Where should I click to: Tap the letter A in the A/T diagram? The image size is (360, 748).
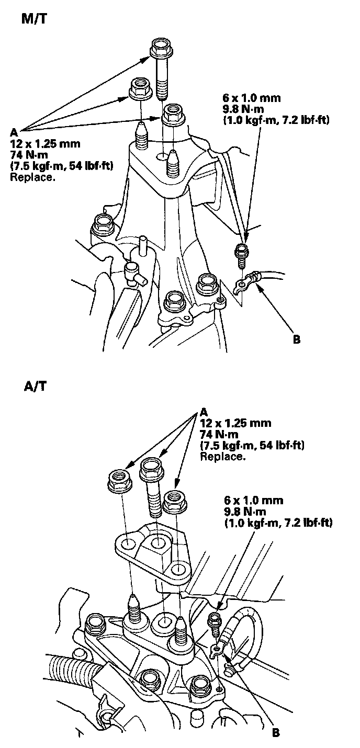tap(204, 411)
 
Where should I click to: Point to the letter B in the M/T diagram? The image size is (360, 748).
tap(297, 339)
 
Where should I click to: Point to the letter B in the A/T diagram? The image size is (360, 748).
tap(276, 732)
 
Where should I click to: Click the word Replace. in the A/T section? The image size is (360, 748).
tap(223, 456)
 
